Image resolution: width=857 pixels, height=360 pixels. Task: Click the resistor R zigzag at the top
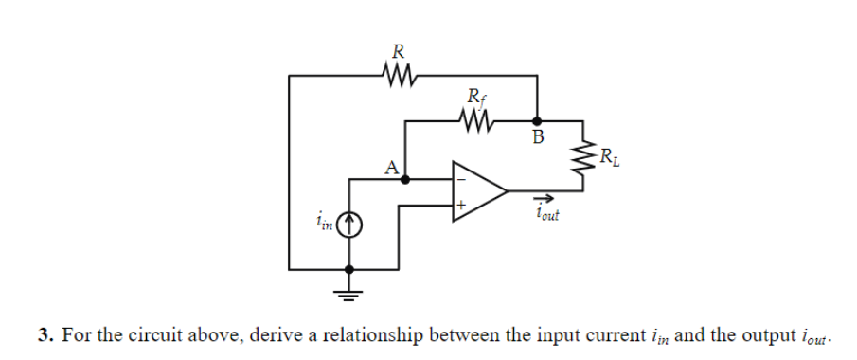tap(397, 73)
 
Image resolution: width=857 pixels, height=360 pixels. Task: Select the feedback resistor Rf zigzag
tap(475, 120)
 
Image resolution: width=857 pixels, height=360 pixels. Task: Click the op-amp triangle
tap(479, 190)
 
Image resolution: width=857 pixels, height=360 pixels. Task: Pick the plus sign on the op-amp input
tap(461, 204)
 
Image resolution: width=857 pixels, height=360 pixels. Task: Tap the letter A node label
tap(390, 168)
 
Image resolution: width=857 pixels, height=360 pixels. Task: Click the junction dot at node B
tap(538, 121)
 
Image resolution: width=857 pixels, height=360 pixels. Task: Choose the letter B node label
tap(538, 138)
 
